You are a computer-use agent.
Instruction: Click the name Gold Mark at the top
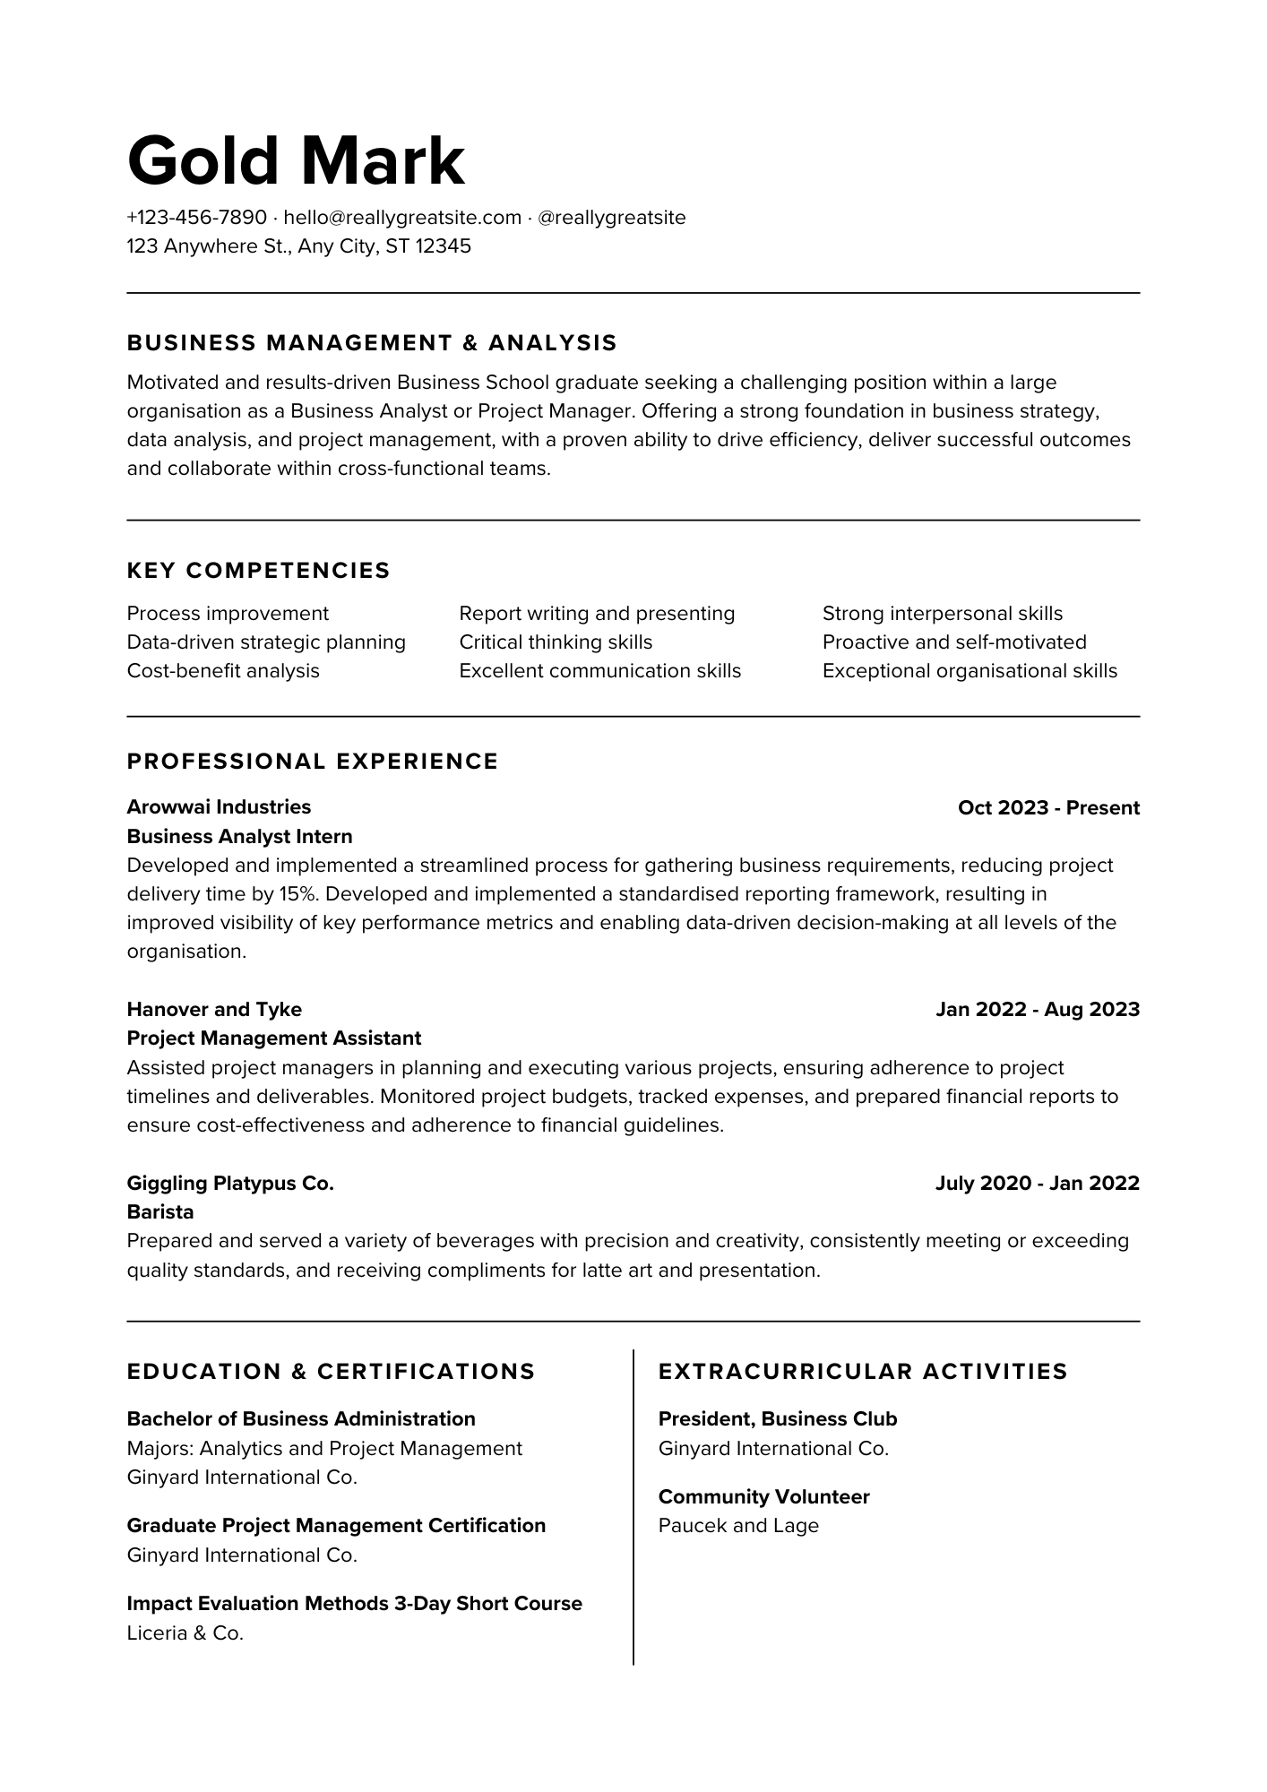(296, 161)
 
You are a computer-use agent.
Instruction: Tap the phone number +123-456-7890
(197, 218)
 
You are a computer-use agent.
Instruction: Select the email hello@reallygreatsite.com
(402, 218)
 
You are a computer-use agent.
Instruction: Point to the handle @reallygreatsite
(611, 218)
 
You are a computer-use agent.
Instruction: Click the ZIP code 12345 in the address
(443, 246)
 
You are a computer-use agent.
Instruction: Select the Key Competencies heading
(258, 571)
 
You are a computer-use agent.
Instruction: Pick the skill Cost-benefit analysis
(223, 671)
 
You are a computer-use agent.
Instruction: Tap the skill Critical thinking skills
(556, 642)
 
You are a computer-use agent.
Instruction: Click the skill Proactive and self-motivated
(954, 642)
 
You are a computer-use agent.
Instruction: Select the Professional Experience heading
(313, 762)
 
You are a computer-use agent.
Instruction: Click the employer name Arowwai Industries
(219, 807)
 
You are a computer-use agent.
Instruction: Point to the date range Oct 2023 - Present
(1048, 808)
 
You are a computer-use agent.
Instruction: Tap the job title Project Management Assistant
(273, 1038)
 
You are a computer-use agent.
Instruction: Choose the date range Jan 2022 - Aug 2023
(1038, 1010)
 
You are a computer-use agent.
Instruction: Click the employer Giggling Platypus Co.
(230, 1184)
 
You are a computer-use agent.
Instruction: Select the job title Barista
(160, 1212)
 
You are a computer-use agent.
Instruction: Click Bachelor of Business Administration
(301, 1419)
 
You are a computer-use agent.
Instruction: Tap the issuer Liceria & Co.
(185, 1633)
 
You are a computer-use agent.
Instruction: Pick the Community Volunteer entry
(763, 1497)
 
